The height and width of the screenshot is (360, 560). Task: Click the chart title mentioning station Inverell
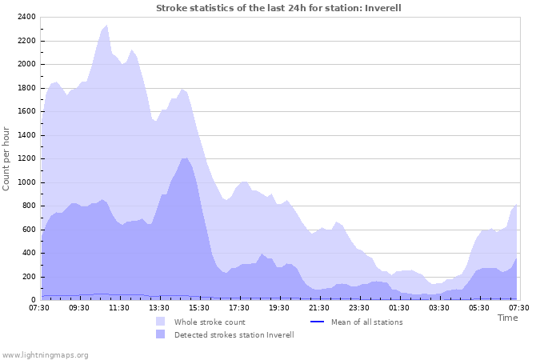coord(278,8)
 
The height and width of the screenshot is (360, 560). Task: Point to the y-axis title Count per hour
coord(7,158)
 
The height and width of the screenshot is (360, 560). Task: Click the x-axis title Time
coord(507,318)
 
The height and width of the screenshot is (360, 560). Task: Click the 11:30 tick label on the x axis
coord(119,307)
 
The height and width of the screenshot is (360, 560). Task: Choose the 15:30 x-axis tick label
coord(199,307)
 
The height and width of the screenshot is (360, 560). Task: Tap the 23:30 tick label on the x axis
coord(359,307)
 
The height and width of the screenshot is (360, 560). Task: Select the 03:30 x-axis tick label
coord(439,307)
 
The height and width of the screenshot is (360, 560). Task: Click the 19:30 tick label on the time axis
coord(279,307)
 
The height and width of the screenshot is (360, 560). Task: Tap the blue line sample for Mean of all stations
coord(315,322)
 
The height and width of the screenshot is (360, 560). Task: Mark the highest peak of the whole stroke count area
coord(107,26)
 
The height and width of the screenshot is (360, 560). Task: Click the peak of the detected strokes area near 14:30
coord(185,158)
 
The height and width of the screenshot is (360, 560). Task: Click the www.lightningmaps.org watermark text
coord(45,354)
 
